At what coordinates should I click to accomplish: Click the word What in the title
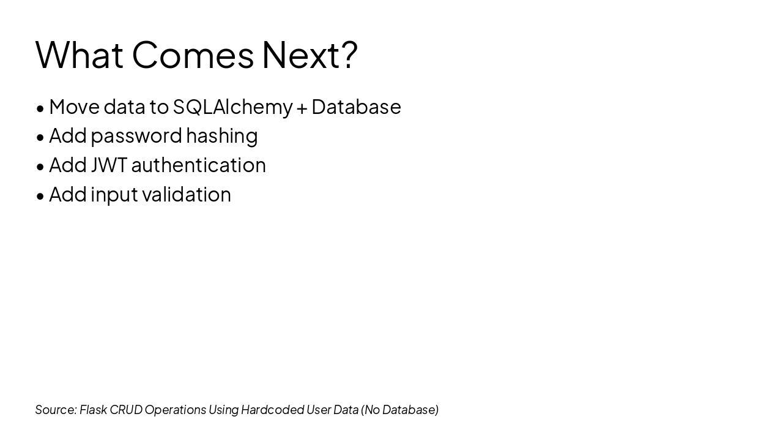(79, 55)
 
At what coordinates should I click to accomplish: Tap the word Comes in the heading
(193, 55)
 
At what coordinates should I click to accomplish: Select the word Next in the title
(300, 55)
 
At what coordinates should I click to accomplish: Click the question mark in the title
(349, 55)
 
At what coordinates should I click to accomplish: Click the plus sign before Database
(302, 108)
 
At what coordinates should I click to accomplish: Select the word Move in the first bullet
(75, 107)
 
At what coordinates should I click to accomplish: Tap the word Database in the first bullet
(356, 107)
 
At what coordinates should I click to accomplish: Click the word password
(136, 137)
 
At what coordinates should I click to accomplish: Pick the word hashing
(222, 136)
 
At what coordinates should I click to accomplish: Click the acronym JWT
(109, 165)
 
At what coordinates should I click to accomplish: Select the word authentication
(199, 165)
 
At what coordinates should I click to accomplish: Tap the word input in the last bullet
(114, 195)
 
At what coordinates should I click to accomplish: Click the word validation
(187, 194)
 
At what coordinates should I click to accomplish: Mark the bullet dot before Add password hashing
(40, 138)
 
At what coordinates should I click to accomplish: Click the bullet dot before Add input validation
(40, 197)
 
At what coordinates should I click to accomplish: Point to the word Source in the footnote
(56, 410)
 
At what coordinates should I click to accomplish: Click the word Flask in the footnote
(94, 410)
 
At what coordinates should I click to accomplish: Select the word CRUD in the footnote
(126, 410)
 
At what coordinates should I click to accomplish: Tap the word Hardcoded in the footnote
(272, 410)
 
